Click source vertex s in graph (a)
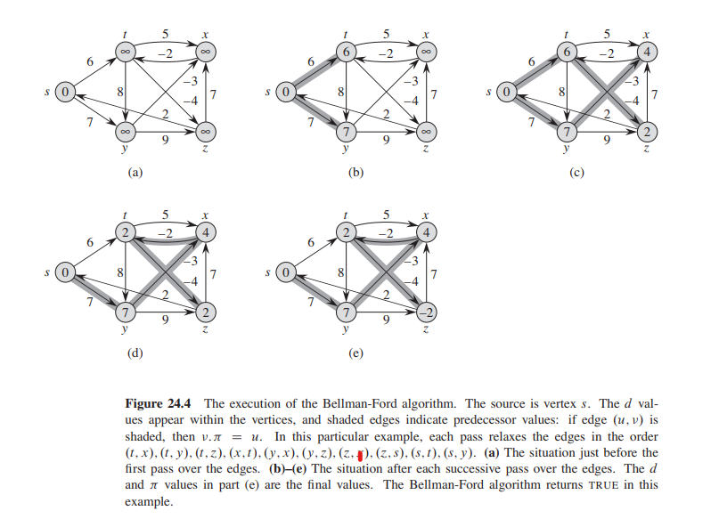coord(63,92)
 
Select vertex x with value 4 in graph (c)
coord(648,52)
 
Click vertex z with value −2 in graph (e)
coord(426,312)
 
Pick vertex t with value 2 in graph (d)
coord(126,233)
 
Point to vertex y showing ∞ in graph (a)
coord(127,132)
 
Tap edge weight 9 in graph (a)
coord(167,141)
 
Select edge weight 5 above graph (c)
coord(608,34)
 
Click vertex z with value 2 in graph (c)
coord(648,132)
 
